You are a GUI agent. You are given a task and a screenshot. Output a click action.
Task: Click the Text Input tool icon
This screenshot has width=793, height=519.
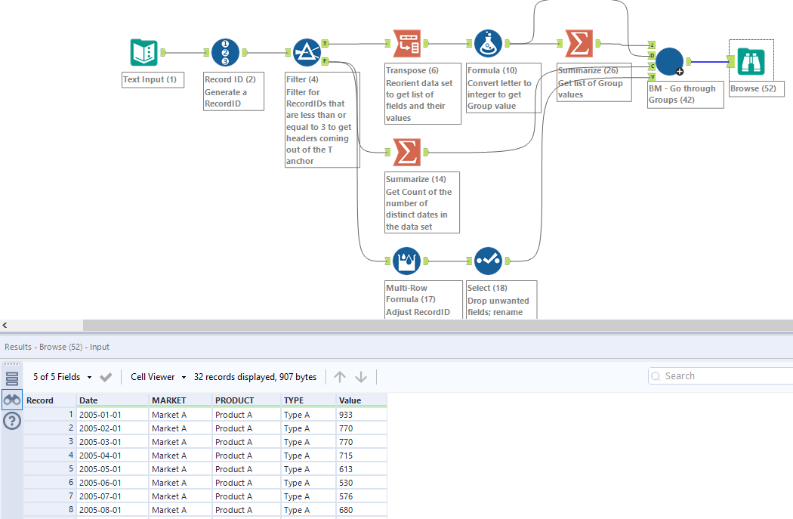143,52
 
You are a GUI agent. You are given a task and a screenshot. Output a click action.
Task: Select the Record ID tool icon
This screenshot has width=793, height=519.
225,53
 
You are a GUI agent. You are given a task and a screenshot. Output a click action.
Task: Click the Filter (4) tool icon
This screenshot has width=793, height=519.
307,53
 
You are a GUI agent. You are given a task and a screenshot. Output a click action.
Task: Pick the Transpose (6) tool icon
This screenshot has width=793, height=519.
407,45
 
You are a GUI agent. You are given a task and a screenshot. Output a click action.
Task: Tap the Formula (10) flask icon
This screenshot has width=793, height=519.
488,45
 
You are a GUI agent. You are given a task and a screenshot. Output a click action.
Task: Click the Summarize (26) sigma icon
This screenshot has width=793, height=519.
579,45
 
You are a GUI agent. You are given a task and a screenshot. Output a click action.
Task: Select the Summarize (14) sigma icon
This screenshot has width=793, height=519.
407,153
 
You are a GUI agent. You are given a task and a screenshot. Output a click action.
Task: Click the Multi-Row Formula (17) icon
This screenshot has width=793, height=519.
407,261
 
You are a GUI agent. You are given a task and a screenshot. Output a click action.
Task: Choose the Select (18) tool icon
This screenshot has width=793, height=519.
488,261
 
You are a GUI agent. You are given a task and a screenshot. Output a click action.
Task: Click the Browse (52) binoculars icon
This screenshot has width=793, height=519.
751,61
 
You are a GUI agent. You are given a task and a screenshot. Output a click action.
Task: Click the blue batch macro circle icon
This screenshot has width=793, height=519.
669,61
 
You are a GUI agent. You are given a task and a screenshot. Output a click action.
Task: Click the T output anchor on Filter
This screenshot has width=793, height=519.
325,44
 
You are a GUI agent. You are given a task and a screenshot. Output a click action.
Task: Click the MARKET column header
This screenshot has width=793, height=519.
169,400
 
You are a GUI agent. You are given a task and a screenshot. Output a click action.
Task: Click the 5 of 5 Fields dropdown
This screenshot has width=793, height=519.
62,376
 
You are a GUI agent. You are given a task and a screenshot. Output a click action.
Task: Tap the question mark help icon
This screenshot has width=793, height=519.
11,421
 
